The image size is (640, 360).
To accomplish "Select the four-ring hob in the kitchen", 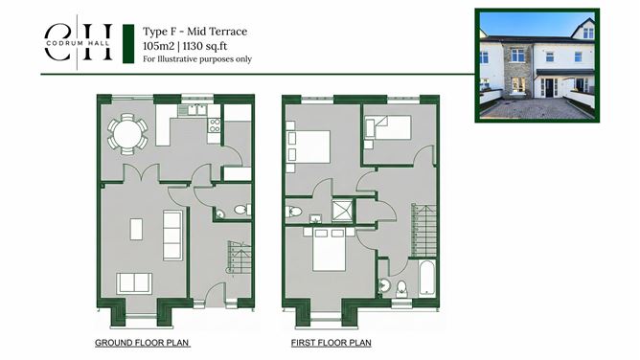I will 215,124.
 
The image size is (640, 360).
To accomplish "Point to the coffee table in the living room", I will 136,230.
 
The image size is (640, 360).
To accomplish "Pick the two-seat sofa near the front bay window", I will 133,281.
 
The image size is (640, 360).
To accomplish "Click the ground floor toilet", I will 240,210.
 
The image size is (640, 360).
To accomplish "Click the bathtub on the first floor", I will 425,280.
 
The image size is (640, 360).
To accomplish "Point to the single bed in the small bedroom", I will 387,127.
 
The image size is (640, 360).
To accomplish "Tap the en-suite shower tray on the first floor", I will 343,211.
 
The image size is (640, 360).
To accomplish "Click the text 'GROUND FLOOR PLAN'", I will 142,342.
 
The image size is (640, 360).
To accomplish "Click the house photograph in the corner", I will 537,66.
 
